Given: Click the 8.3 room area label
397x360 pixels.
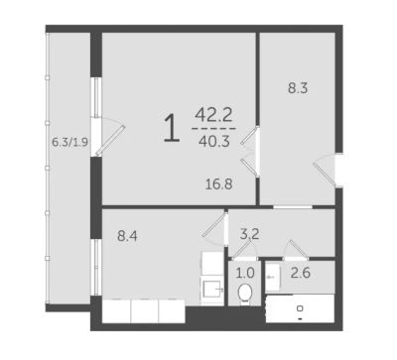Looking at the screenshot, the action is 298,88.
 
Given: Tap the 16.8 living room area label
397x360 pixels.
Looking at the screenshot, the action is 219,183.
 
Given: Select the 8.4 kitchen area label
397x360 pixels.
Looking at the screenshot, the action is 127,236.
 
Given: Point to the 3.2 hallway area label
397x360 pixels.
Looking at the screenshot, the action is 249,234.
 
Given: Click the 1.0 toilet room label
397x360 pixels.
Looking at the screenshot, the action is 245,273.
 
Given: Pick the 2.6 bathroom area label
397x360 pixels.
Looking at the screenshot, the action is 301,273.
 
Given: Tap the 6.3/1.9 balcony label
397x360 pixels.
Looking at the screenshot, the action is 70,142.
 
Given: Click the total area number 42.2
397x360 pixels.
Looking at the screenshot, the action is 213,115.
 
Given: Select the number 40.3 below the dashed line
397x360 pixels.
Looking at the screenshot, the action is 214,142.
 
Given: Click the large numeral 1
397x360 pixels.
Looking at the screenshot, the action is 172,127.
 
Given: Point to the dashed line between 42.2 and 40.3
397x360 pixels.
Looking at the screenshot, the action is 213,128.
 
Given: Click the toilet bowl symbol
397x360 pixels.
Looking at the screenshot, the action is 245,293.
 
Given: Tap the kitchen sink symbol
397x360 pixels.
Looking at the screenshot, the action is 212,290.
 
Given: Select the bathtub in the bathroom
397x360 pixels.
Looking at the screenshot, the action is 300,308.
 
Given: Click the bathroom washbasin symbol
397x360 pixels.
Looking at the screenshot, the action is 273,278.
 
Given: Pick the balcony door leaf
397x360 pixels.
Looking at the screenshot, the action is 110,141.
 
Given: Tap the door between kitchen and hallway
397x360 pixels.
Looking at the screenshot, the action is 214,225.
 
